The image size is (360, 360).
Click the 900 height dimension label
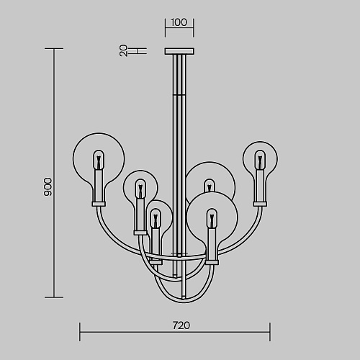pyautogui.click(x=48, y=187)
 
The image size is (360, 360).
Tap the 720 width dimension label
pyautogui.click(x=181, y=325)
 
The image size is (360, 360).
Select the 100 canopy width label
pyautogui.click(x=179, y=22)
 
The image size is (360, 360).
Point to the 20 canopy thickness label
pyautogui.click(x=123, y=50)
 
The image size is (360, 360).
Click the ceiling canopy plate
pyautogui.click(x=179, y=51)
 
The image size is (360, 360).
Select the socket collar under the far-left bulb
pyautogui.click(x=99, y=204)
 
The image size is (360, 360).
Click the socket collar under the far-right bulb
pyautogui.click(x=260, y=204)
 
